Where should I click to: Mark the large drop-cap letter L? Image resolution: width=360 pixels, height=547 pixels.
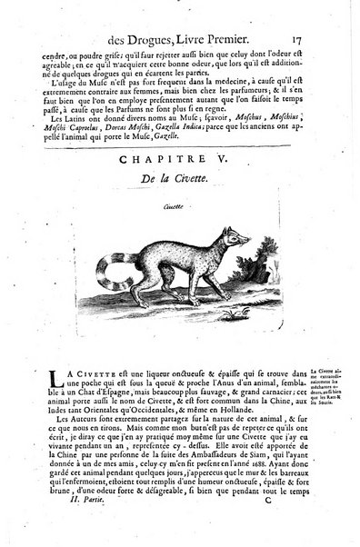[x=35, y=354]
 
